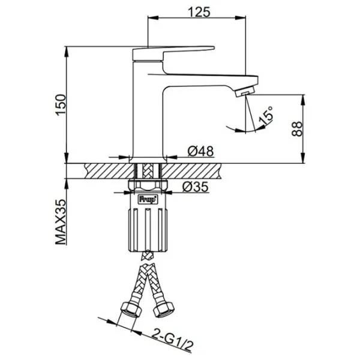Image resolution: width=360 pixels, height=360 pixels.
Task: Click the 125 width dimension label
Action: pyautogui.click(x=199, y=12)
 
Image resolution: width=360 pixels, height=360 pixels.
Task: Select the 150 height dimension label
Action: pyautogui.click(x=61, y=105)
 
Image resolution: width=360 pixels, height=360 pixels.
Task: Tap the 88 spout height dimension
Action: pyautogui.click(x=297, y=129)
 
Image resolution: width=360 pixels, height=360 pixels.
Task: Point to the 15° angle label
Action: pyautogui.click(x=266, y=115)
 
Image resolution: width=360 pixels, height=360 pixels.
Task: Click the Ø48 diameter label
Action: pyautogui.click(x=200, y=151)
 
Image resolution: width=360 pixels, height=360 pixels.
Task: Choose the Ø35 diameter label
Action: pyautogui.click(x=196, y=187)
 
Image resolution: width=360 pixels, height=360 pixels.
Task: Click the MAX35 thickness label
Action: pyautogui.click(x=61, y=222)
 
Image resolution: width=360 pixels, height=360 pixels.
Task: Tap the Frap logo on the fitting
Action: pyautogui.click(x=148, y=199)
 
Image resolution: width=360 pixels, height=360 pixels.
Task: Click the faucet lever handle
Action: pyautogui.click(x=173, y=53)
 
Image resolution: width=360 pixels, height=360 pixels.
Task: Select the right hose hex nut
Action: pyautogui.click(x=164, y=310)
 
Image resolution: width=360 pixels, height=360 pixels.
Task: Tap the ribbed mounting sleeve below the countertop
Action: pyautogui.click(x=148, y=230)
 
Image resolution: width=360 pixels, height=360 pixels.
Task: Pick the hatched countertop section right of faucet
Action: pyautogui.click(x=191, y=171)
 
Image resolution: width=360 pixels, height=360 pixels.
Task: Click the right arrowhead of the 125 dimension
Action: pyautogui.click(x=241, y=17)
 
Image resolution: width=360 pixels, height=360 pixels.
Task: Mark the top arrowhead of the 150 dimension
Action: pyautogui.click(x=67, y=52)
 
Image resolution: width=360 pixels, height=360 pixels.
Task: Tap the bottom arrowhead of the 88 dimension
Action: pyautogui.click(x=303, y=158)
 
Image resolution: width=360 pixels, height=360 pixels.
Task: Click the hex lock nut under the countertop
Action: pyautogui.click(x=148, y=185)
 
